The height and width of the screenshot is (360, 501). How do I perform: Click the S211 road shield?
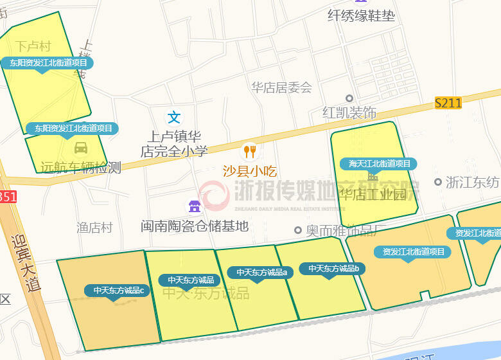[x=448, y=102]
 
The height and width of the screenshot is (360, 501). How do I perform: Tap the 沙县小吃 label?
[x=249, y=172]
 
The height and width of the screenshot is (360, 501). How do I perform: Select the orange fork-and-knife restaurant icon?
[x=249, y=152]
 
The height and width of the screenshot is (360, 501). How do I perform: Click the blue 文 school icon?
[x=174, y=117]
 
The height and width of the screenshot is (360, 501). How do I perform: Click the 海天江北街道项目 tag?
[x=380, y=164]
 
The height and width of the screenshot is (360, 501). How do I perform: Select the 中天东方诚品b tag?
[x=333, y=269]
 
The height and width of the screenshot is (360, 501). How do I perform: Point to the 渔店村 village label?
[x=94, y=228]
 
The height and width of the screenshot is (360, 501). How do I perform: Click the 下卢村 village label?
[x=33, y=46]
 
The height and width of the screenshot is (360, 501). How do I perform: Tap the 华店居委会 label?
[x=281, y=87]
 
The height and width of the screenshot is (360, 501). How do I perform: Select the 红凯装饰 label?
[x=349, y=113]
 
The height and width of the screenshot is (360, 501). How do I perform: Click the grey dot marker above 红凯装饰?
[x=349, y=98]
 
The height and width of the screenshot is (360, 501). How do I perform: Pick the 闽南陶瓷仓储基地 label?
[x=195, y=226]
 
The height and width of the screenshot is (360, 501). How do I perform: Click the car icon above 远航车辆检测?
[x=81, y=148]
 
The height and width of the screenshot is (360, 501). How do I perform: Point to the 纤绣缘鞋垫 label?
[x=361, y=15]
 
